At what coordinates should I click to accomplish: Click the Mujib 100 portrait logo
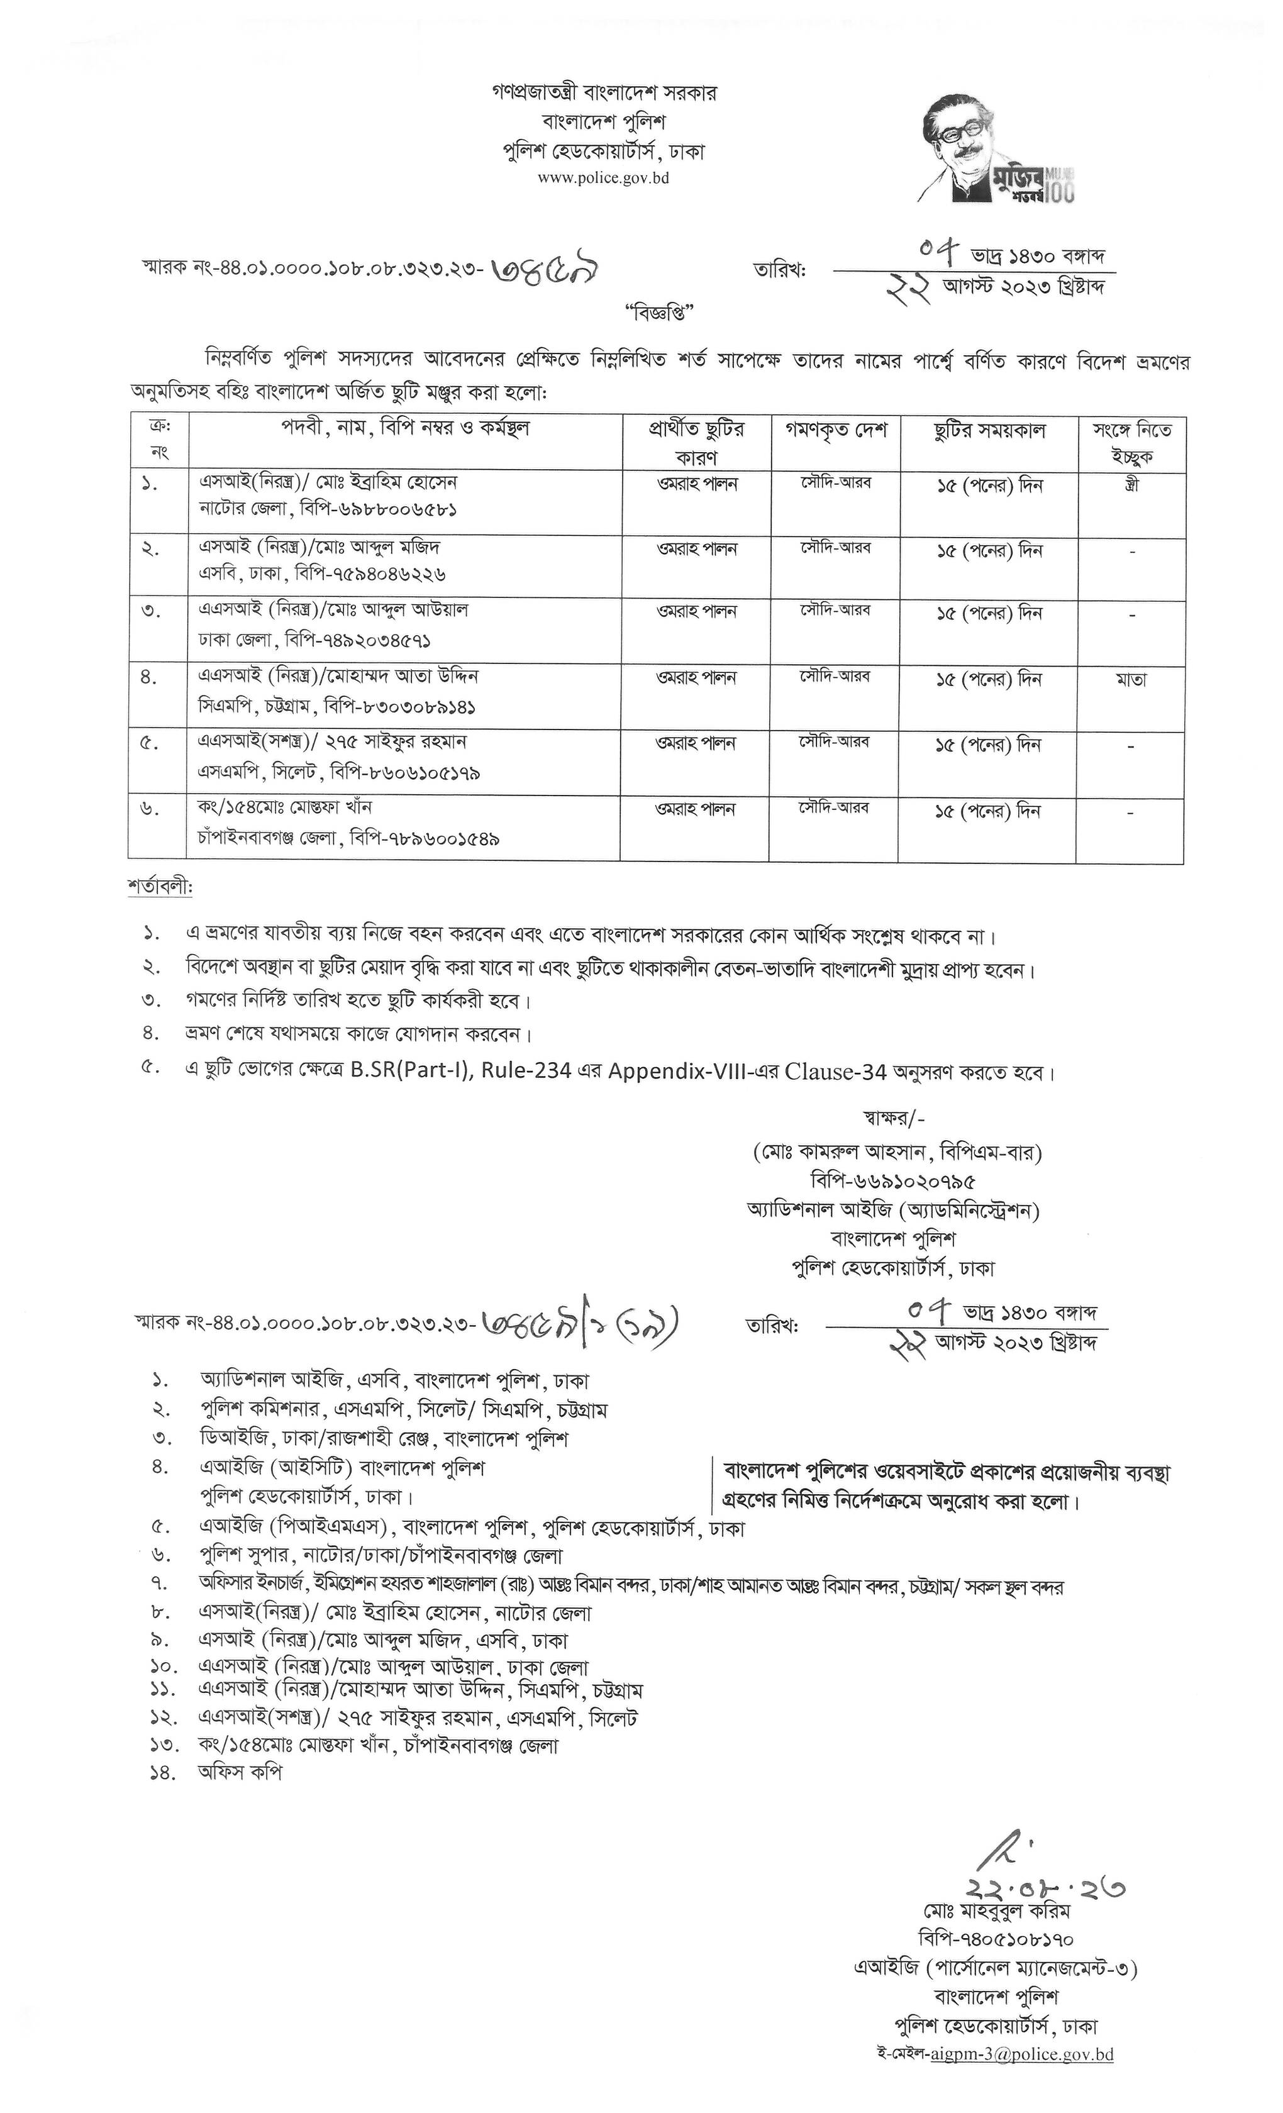tap(995, 148)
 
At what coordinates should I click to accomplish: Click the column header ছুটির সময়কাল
tap(988, 430)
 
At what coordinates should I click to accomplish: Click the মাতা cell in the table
tap(1131, 679)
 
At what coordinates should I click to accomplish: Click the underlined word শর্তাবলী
tap(160, 887)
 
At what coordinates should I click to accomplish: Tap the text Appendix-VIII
tap(665, 1072)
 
